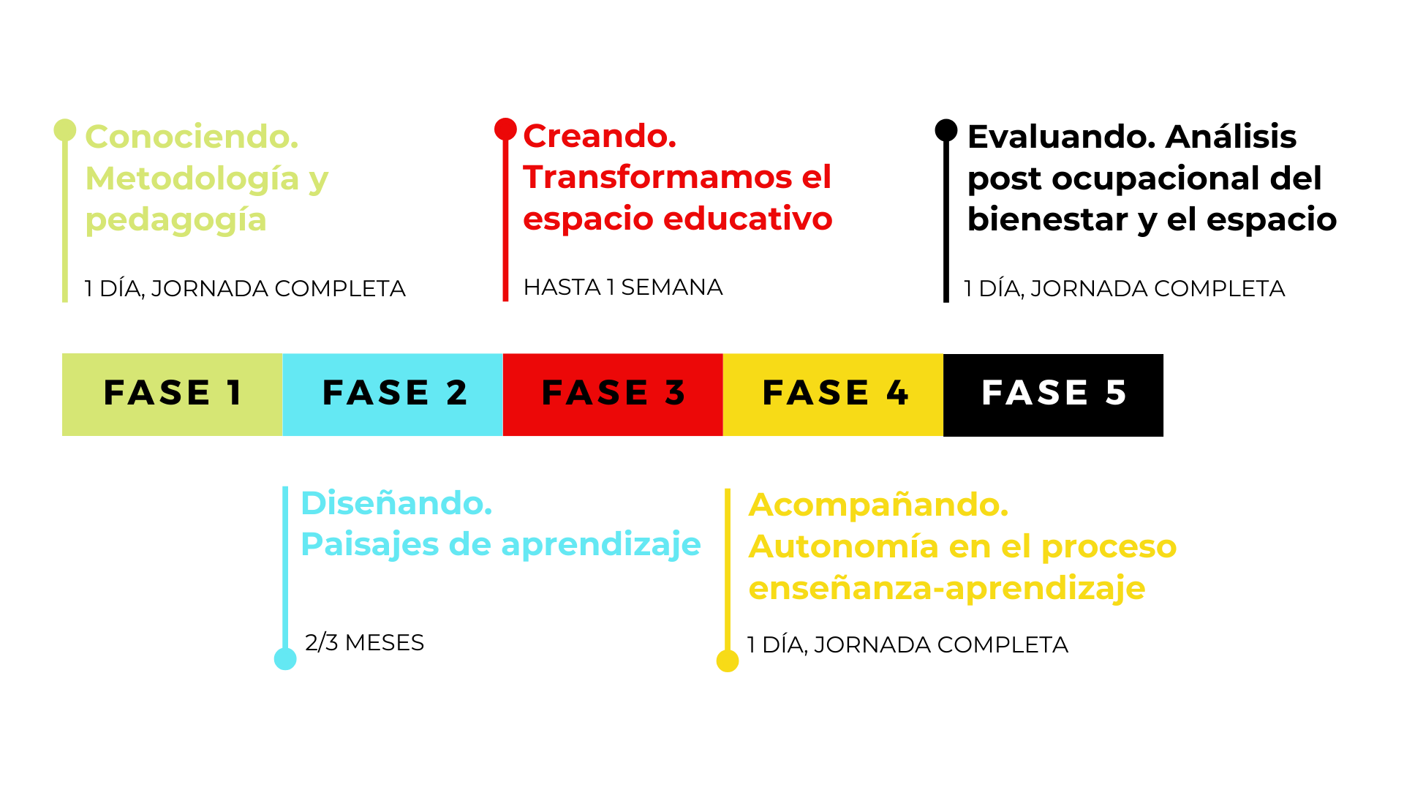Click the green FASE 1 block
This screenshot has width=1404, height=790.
172,394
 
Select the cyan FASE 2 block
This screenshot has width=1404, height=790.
393,394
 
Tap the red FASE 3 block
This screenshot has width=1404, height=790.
613,394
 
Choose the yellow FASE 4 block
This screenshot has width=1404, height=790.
833,394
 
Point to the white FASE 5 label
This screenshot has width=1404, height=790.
1054,393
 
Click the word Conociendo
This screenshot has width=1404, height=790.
192,137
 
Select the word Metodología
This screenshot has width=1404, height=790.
192,179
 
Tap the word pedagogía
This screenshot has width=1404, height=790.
175,220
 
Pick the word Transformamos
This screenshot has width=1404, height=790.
657,177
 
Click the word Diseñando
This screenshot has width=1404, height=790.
396,503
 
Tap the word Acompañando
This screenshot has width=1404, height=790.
878,505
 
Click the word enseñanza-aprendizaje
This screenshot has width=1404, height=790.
946,588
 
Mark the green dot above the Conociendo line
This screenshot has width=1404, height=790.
65,130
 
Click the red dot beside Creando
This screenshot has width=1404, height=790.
505,129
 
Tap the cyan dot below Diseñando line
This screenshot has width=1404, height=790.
285,659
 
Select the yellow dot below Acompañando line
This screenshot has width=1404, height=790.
728,661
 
